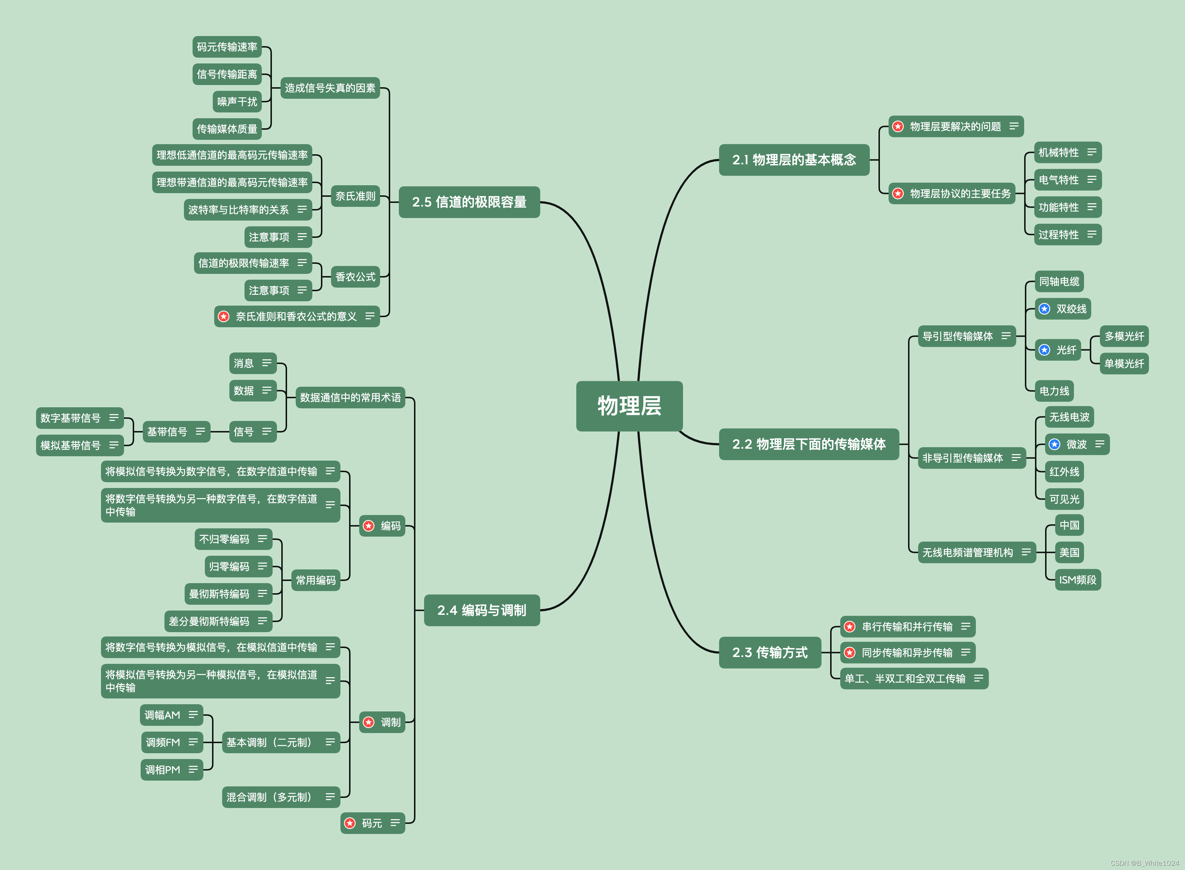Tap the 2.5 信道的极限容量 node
coord(469,202)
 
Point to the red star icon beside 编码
coord(369,525)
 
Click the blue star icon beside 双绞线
coord(1044,309)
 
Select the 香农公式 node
coord(355,276)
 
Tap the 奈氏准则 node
coord(355,196)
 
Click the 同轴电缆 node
coord(1059,281)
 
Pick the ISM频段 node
coord(1078,580)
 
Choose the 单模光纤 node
coord(1124,363)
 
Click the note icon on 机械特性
coord(1092,152)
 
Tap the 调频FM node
coord(163,742)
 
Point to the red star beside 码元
coord(350,822)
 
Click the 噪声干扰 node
coord(237,102)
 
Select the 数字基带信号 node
coord(71,418)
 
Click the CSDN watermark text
coord(1144,863)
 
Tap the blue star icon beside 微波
coord(1054,444)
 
